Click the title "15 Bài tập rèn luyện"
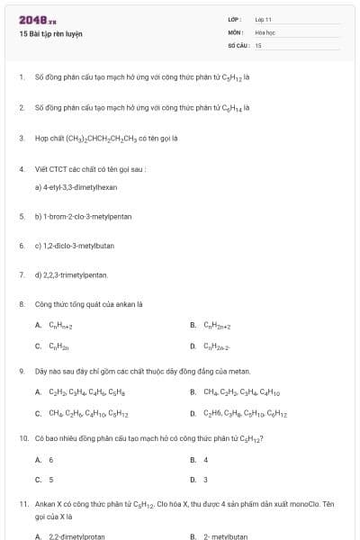50,33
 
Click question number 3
21,139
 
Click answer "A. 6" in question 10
45,460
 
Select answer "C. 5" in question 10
45,480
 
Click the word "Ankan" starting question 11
45,504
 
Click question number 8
21,304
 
